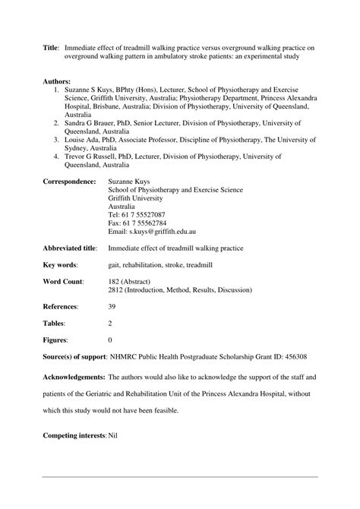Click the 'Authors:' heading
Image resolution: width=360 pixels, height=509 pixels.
[57, 80]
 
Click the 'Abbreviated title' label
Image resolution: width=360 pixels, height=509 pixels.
[70, 248]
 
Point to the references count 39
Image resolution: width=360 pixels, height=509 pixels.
[113, 307]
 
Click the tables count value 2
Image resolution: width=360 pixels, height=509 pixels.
[111, 324]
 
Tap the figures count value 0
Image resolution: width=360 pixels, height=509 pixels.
[111, 340]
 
